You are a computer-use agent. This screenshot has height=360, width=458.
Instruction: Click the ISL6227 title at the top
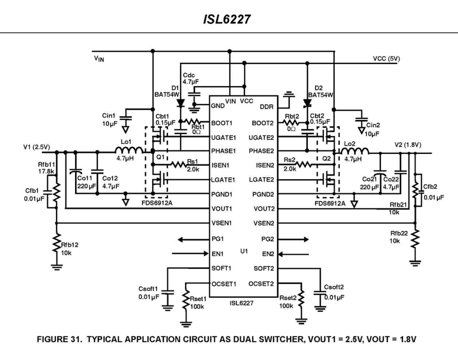coord(227,19)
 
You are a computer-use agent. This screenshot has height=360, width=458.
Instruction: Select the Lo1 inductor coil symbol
coord(129,150)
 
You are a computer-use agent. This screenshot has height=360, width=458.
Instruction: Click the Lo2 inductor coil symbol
coord(354,151)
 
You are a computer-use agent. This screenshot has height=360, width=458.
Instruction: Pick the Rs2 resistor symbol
coord(303,165)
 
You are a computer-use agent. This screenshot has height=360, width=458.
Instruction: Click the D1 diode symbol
coord(181,103)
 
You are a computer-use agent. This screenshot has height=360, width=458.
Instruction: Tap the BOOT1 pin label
coord(222,123)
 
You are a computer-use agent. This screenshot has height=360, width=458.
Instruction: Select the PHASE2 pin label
coord(261,151)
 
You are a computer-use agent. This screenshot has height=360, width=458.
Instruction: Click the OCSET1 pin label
coord(224,284)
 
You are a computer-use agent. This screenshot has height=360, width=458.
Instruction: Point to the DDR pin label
coord(267,107)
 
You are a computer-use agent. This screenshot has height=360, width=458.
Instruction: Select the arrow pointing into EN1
coord(190,253)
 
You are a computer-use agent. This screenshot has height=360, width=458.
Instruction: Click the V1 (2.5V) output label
coord(36,147)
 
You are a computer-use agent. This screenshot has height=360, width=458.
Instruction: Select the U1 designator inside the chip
coord(244,251)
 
